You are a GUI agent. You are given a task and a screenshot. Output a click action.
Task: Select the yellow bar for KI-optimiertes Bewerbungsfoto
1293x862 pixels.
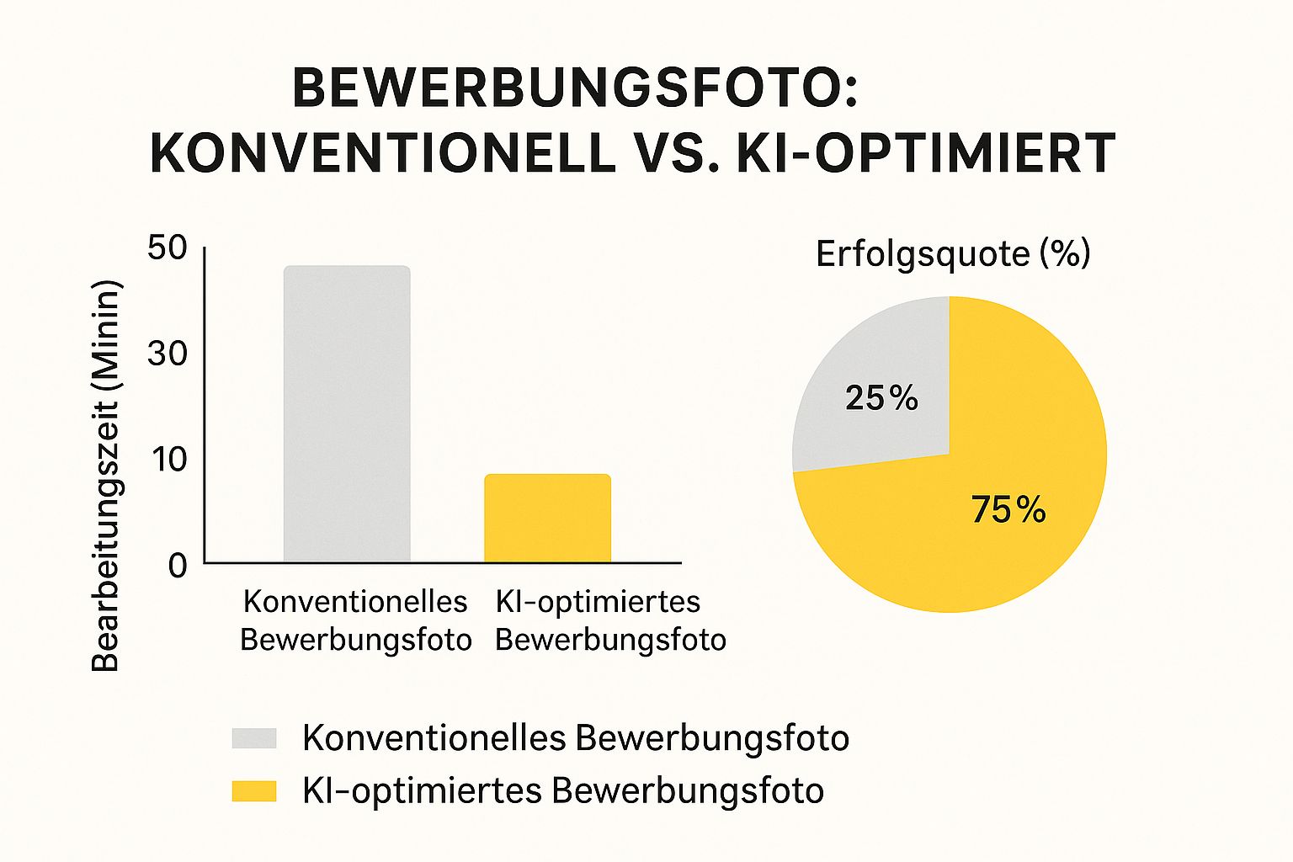[547, 519]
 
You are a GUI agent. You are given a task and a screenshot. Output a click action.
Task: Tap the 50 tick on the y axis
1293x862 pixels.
[167, 248]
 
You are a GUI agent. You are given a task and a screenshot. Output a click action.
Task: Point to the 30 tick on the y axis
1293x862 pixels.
[167, 354]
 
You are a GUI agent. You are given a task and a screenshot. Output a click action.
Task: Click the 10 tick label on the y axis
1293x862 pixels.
[167, 460]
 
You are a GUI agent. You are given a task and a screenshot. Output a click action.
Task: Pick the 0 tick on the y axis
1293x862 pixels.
[177, 566]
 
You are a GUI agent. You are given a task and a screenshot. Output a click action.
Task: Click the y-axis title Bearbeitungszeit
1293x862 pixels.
[106, 476]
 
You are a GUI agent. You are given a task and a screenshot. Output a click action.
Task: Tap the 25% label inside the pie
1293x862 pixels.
[881, 398]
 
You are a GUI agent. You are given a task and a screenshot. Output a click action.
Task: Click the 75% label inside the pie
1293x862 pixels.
[1008, 510]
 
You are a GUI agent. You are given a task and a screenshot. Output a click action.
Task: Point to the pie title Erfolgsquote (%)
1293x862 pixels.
[953, 253]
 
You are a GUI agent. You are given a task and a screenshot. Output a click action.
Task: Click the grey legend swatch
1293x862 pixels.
[254, 738]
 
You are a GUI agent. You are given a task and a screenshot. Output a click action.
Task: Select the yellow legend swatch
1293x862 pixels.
[254, 791]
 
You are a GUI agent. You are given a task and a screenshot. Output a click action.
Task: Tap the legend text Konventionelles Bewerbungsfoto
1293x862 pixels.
[576, 738]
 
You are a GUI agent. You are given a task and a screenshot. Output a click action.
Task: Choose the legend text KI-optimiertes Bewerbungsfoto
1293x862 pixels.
[562, 791]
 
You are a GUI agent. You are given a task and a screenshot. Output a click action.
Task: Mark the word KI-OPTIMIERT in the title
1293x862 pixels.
[926, 153]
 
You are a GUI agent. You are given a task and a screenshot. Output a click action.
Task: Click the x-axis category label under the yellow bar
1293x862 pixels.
[609, 620]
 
